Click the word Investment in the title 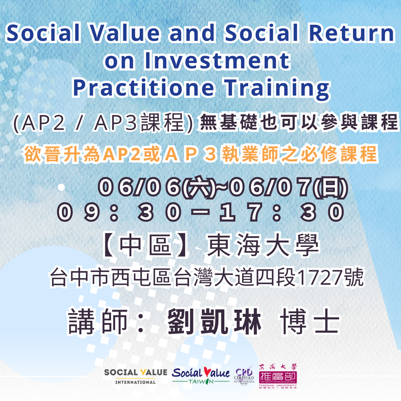click(x=217, y=60)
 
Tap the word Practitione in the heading click(x=143, y=88)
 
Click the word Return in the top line click(x=352, y=33)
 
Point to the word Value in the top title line click(x=125, y=33)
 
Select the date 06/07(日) click(x=288, y=187)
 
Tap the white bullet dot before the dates click(x=61, y=187)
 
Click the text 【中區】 click(x=146, y=245)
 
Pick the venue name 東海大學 click(x=263, y=245)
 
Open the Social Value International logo click(x=135, y=376)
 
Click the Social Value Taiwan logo click(x=201, y=375)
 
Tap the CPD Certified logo click(x=244, y=376)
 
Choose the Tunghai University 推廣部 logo click(x=278, y=376)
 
